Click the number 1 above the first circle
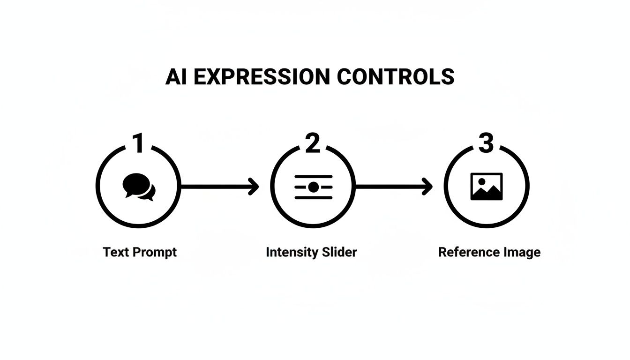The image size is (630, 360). pos(138,143)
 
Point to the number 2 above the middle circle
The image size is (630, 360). pos(312,143)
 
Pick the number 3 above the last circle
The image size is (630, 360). pos(486,143)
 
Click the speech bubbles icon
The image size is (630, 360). pos(139,187)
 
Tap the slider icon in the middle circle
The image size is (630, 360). pos(313,187)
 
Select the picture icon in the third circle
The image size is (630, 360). pos(487,187)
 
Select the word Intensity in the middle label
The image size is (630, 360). pos(292,252)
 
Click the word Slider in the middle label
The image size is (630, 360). pos(339,252)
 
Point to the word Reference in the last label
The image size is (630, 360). pos(467,252)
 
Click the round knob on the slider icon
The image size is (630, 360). pos(314,187)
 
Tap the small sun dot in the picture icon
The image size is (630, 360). pos(481,181)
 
